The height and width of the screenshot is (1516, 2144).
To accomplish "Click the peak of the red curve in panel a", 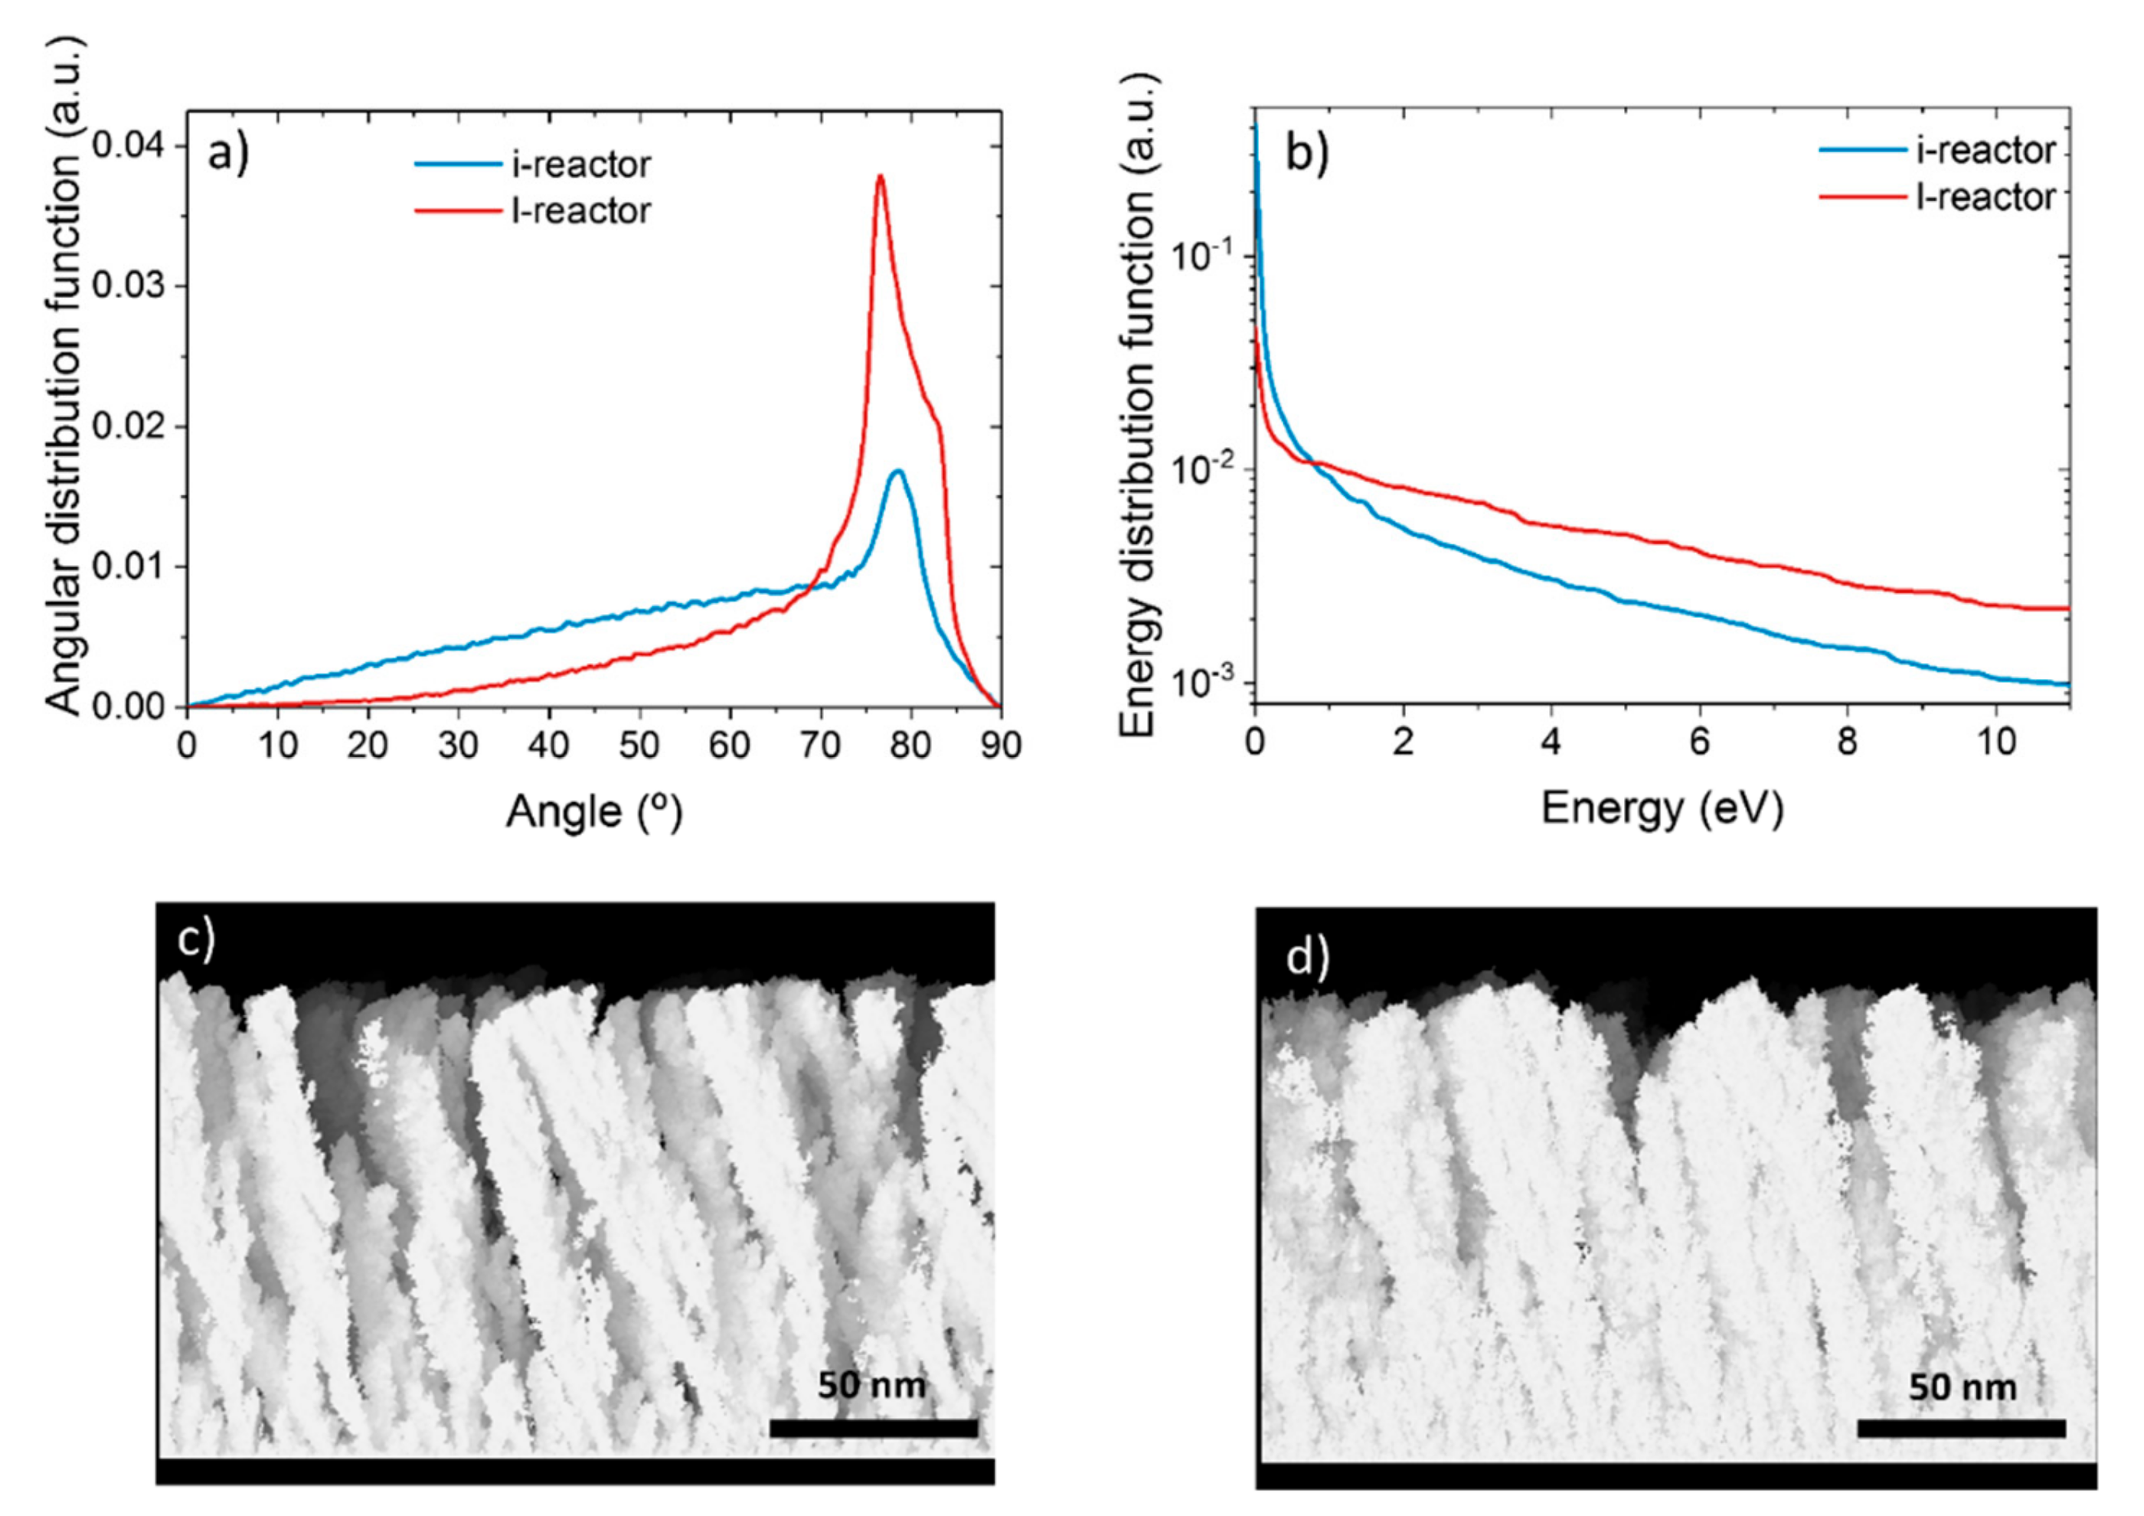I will click(880, 176).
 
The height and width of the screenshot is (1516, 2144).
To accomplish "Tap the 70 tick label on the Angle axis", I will click(820, 746).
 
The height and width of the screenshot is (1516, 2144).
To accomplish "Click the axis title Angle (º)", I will click(594, 811).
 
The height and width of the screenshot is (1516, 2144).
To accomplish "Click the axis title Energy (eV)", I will click(1662, 808).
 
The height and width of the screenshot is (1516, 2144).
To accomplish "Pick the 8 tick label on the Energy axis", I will click(1847, 742).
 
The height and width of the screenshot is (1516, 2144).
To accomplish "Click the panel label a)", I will click(229, 153).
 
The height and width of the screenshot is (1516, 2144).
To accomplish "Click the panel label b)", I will click(1306, 152).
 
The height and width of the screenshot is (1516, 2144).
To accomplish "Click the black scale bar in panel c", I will click(873, 1428).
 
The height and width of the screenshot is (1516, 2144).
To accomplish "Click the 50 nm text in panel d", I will click(1961, 1387).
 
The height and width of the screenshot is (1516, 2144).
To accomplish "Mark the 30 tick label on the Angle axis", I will click(458, 746).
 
